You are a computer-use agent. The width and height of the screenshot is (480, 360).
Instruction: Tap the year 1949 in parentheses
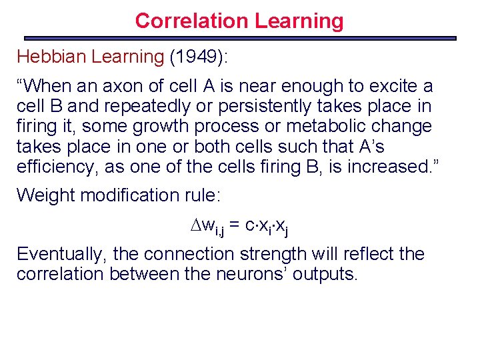tap(198, 57)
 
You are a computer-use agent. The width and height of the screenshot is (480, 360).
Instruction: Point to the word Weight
tap(41, 195)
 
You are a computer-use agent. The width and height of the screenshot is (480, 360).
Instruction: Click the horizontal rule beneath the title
tap(240, 38)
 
